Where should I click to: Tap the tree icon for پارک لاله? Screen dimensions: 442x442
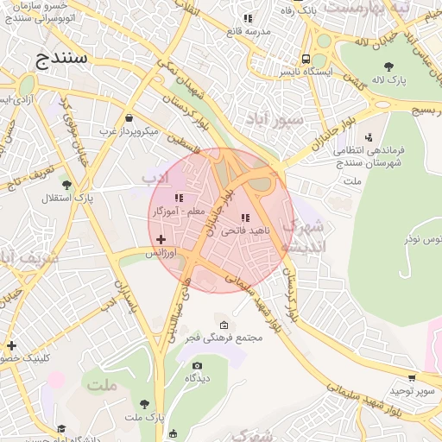pyautogui.click(x=388, y=66)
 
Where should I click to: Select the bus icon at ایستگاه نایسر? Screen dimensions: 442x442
pyautogui.click(x=306, y=59)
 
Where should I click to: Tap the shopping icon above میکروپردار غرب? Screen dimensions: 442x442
pyautogui.click(x=129, y=118)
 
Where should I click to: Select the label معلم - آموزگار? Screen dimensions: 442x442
pyautogui.click(x=179, y=211)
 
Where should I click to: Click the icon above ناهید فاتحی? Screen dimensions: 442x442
pyautogui.click(x=245, y=218)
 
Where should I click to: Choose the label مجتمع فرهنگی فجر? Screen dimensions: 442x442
pyautogui.click(x=224, y=338)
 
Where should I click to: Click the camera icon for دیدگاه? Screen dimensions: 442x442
pyautogui.click(x=197, y=366)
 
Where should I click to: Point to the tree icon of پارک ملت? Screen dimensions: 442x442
pyautogui.click(x=144, y=403)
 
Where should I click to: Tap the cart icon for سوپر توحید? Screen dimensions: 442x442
pyautogui.click(x=411, y=377)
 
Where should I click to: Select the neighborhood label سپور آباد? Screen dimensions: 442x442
pyautogui.click(x=275, y=117)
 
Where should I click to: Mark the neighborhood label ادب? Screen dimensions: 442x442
pyautogui.click(x=155, y=177)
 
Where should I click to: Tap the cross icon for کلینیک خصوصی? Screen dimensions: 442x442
pyautogui.click(x=10, y=345)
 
